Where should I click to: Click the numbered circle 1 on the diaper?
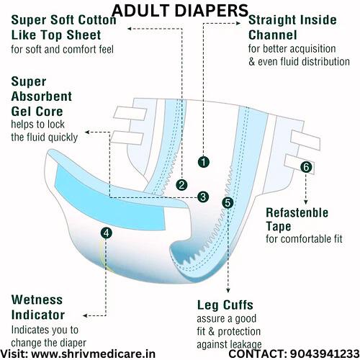point(204,162)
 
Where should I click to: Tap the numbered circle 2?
point(181,185)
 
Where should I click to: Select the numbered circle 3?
point(203,197)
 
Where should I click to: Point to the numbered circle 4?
point(107,233)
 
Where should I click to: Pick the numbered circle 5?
point(228,203)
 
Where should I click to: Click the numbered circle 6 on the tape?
point(306,167)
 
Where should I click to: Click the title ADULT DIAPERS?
point(180,11)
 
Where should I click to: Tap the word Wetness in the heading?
point(37,300)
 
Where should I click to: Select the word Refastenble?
point(297,212)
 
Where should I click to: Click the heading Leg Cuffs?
point(225,305)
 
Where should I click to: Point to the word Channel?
point(273,35)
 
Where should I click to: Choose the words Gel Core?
point(37,112)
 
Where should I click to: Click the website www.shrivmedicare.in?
point(94,354)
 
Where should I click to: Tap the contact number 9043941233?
point(325,354)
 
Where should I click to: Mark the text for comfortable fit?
point(304,239)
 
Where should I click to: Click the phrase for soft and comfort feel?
point(62,50)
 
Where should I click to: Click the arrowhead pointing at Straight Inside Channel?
point(238,23)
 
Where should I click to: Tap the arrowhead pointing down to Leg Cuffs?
point(228,290)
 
